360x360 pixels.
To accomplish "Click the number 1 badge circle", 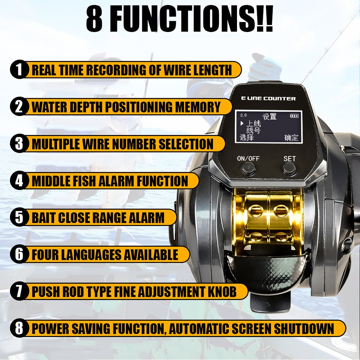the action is (19, 69).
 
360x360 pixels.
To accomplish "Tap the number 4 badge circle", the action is (19, 181).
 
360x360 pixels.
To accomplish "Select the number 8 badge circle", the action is (19, 329).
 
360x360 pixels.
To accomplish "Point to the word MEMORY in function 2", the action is (198, 107).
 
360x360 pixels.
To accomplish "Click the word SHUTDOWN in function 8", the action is (304, 329).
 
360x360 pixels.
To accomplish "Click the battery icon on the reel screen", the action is (294, 116).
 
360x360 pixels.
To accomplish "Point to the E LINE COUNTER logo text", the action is (268, 99).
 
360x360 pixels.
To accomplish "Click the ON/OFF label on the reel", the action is (248, 158).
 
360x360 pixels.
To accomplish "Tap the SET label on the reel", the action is (290, 159).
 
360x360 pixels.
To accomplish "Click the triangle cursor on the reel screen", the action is (242, 123).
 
